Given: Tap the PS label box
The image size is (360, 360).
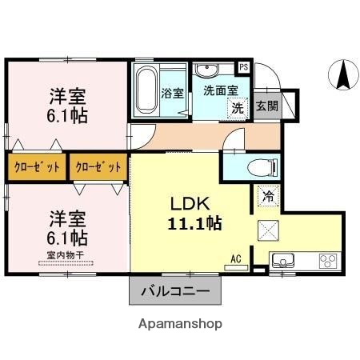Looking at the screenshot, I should tap(244, 67).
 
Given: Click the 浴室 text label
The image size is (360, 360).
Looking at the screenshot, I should tap(173, 93).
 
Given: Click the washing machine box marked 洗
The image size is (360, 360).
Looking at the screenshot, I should tap(238, 108).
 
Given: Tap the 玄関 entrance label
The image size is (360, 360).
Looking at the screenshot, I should tap(267, 106).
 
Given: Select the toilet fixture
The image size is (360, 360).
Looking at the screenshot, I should tap(260, 167).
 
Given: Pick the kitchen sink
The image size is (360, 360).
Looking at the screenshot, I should tap(285, 261).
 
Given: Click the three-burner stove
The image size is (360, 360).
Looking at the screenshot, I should tap(327, 260).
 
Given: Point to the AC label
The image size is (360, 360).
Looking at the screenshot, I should tap(236, 258).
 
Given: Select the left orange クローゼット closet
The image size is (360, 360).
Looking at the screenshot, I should tap(37, 167).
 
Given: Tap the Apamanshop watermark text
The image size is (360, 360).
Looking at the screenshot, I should tap(180, 324).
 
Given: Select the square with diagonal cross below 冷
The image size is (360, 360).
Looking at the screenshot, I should tap(268, 231).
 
